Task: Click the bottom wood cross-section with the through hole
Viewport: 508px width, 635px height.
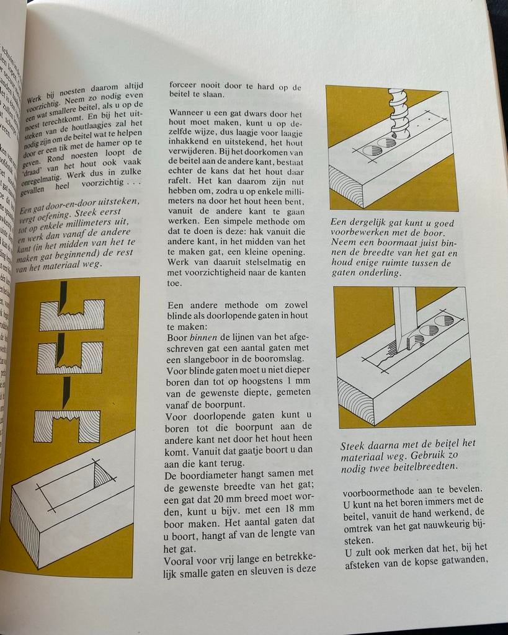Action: [x=66, y=427]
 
